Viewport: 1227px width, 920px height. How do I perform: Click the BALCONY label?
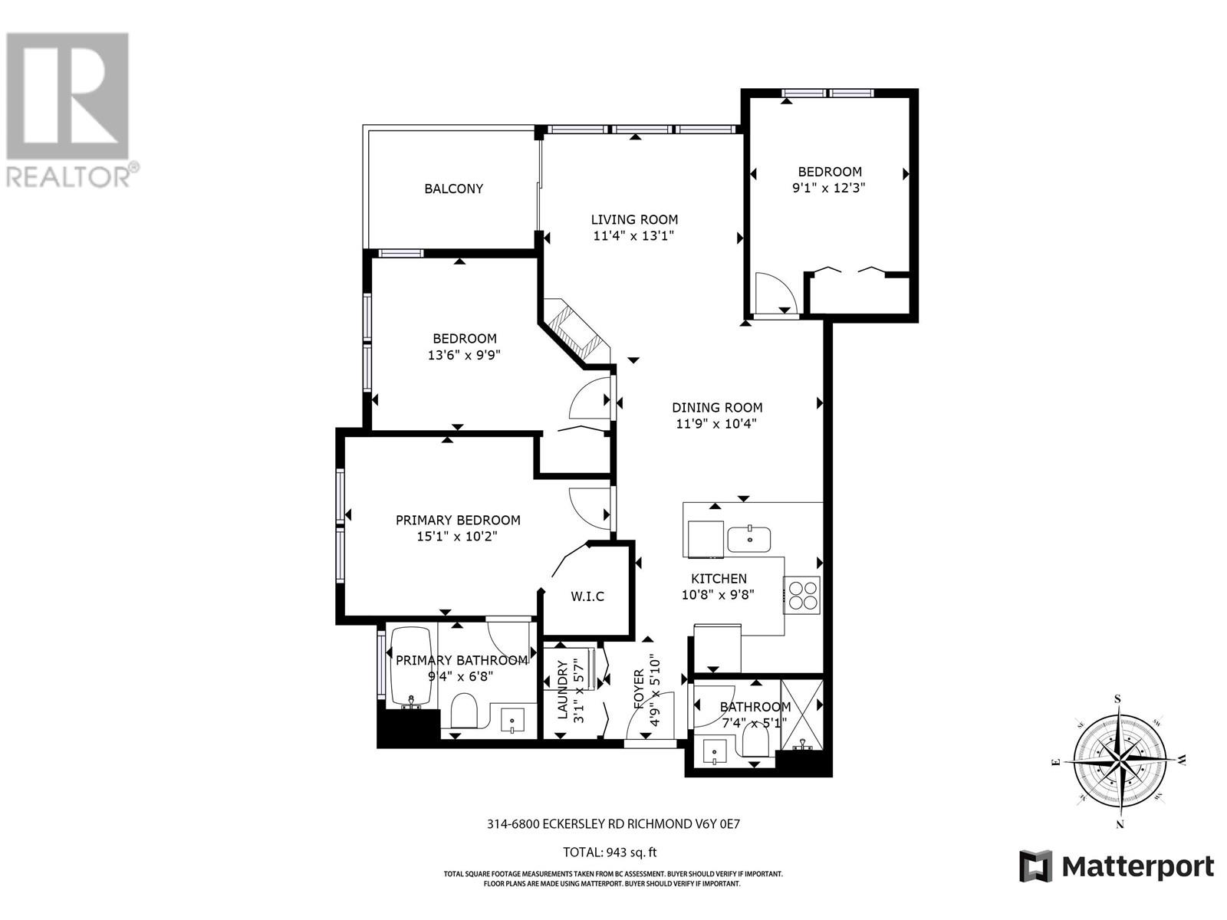453,189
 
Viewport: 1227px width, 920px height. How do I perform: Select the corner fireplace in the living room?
574,331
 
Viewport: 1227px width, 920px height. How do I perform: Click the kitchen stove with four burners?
802,594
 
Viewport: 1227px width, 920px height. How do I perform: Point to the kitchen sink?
750,539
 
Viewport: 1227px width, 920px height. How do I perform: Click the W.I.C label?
587,596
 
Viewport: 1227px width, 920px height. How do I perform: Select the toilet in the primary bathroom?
463,711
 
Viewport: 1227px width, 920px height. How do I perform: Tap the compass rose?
1119,761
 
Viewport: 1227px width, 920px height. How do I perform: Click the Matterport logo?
1116,867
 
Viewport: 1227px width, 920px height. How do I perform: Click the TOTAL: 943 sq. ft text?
610,852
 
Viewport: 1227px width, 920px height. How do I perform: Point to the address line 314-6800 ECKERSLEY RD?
613,825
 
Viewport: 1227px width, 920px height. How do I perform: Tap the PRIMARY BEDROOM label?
458,520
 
